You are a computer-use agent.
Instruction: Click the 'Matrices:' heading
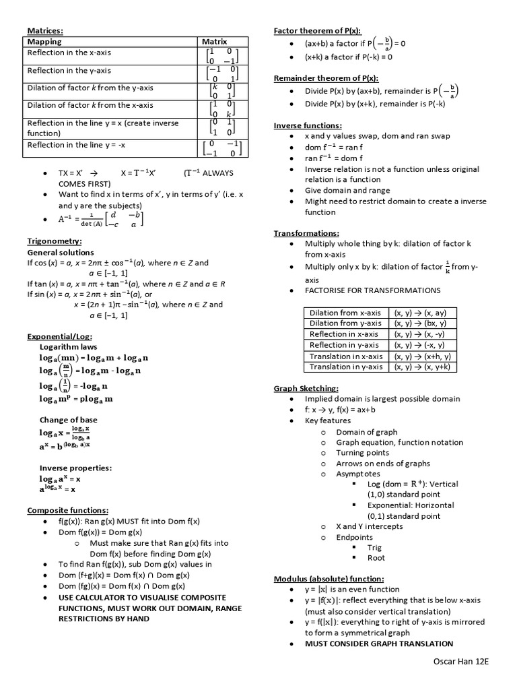tap(45, 30)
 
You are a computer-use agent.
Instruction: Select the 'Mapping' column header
tap(44, 42)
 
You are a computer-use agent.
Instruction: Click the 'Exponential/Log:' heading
tap(59, 336)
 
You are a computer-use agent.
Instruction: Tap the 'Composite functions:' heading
tap(67, 510)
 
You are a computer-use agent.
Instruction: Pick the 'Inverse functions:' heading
tap(308, 125)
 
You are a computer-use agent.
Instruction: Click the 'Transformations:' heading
tap(306, 233)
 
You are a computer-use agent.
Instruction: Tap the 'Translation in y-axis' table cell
tap(346, 367)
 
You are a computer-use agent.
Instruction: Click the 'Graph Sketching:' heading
tap(306, 388)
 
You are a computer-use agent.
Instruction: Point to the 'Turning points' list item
tap(363, 453)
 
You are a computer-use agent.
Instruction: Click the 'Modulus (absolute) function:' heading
tap(329, 578)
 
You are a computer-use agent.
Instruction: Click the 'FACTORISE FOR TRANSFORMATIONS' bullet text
tap(373, 290)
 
